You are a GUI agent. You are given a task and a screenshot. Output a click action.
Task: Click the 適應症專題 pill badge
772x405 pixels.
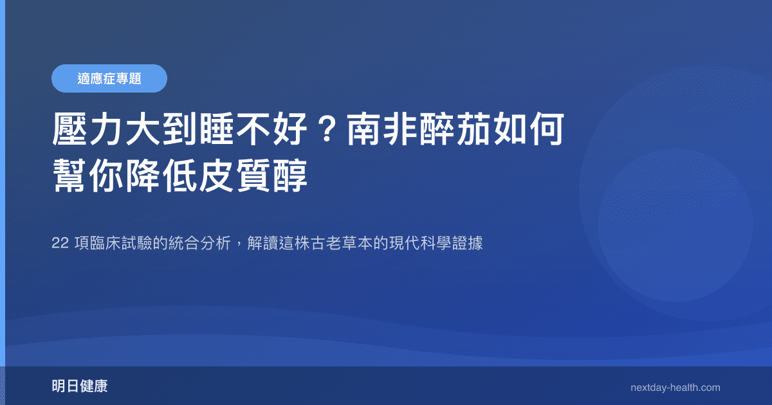tap(109, 78)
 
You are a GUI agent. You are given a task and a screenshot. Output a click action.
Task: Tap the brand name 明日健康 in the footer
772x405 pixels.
tap(80, 386)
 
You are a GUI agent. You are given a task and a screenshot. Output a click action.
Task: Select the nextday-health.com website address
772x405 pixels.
tap(675, 388)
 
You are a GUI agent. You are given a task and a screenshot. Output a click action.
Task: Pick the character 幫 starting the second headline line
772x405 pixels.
tap(69, 174)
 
